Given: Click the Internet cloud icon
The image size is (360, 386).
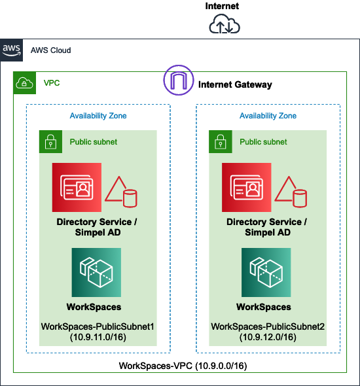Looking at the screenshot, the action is (x=225, y=24).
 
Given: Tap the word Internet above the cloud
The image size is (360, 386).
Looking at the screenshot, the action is (x=222, y=6).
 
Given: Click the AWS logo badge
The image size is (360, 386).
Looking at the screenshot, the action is (x=11, y=50).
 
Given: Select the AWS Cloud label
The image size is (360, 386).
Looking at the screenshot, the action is (x=50, y=50).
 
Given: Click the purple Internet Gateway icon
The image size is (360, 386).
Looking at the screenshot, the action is (x=179, y=80).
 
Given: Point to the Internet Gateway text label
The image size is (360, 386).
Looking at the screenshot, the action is (x=235, y=84).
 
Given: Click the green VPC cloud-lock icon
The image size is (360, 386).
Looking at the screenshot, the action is (x=24, y=82).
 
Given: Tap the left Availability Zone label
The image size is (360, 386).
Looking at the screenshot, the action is (x=98, y=116).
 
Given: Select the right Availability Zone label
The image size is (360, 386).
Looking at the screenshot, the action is (x=268, y=116).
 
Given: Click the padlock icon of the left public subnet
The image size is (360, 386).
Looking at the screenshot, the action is (x=50, y=141).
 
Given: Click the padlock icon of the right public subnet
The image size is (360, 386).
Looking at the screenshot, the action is (x=221, y=141).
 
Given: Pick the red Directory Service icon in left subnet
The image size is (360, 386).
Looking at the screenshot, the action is (x=77, y=187).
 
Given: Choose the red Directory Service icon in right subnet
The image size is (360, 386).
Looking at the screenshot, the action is (x=247, y=187).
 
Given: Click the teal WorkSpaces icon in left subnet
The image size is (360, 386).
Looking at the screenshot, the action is (x=96, y=272).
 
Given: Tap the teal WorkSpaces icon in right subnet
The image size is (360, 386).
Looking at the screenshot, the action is (x=266, y=272).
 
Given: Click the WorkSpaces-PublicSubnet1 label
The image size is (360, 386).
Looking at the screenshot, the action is (x=98, y=326).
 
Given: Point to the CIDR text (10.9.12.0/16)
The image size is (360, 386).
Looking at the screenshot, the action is (x=268, y=337).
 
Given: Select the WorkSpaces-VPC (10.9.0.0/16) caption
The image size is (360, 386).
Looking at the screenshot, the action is (x=183, y=366).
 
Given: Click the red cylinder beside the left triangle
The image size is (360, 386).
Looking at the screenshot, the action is (x=130, y=198).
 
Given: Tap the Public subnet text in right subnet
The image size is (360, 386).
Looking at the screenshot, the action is (x=263, y=142).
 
